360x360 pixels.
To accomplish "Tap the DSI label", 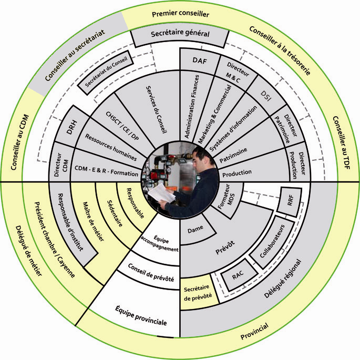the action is [x=266, y=96].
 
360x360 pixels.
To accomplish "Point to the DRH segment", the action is [x=71, y=127].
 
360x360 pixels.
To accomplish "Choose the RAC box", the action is [x=238, y=274].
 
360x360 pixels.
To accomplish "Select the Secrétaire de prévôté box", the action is [x=198, y=292].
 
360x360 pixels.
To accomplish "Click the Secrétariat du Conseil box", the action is [x=106, y=73].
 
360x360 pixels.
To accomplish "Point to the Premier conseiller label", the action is [x=180, y=14].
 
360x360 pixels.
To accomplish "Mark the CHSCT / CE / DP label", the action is [x=122, y=126].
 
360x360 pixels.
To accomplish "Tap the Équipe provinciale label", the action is [x=141, y=315].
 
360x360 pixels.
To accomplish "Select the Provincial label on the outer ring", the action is [x=254, y=331].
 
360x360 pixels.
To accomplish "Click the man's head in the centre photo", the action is [x=199, y=157].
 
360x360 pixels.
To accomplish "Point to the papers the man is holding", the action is [x=161, y=194].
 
